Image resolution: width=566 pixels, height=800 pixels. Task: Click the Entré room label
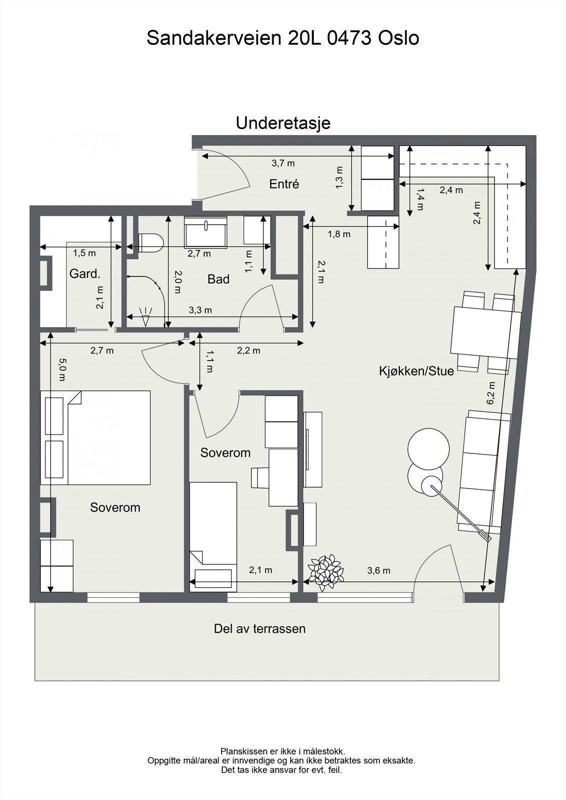[284, 184]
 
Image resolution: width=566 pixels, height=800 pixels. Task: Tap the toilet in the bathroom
[151, 242]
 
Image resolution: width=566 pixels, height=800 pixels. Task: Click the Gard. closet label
[85, 274]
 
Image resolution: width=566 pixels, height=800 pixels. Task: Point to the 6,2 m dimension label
[491, 392]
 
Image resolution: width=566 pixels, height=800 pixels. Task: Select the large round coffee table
[428, 448]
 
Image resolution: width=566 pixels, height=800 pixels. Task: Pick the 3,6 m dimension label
[378, 570]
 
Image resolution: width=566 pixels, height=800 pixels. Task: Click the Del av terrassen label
[259, 628]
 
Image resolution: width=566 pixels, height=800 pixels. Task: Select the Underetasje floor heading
[283, 122]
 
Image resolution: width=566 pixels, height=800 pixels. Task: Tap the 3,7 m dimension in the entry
[283, 163]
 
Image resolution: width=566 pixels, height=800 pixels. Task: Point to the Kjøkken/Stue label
[416, 371]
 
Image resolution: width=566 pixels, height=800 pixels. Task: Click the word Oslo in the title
[398, 38]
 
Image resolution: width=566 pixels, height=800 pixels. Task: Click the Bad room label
[218, 279]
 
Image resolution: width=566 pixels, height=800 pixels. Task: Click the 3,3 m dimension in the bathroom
[200, 310]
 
